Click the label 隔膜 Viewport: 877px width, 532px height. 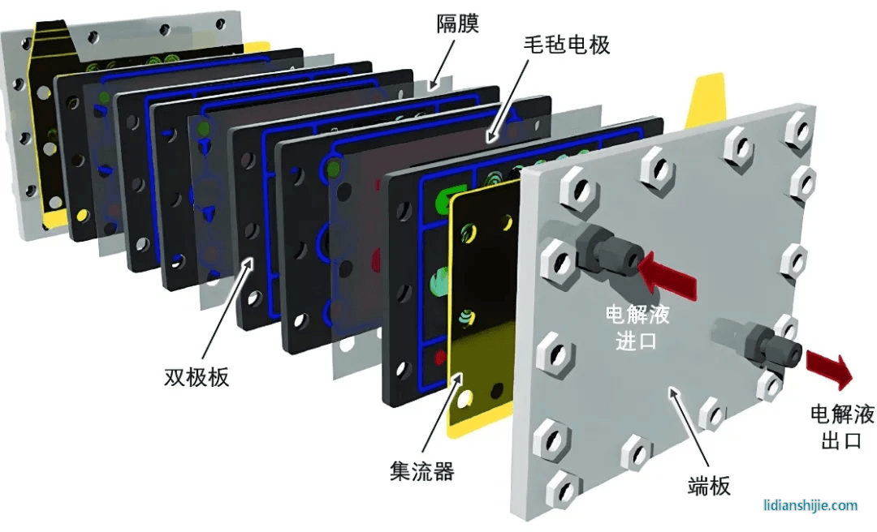(458, 24)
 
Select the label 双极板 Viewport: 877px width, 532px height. (197, 377)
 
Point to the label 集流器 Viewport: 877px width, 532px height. (421, 471)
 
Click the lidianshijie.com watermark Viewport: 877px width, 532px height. (810, 505)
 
